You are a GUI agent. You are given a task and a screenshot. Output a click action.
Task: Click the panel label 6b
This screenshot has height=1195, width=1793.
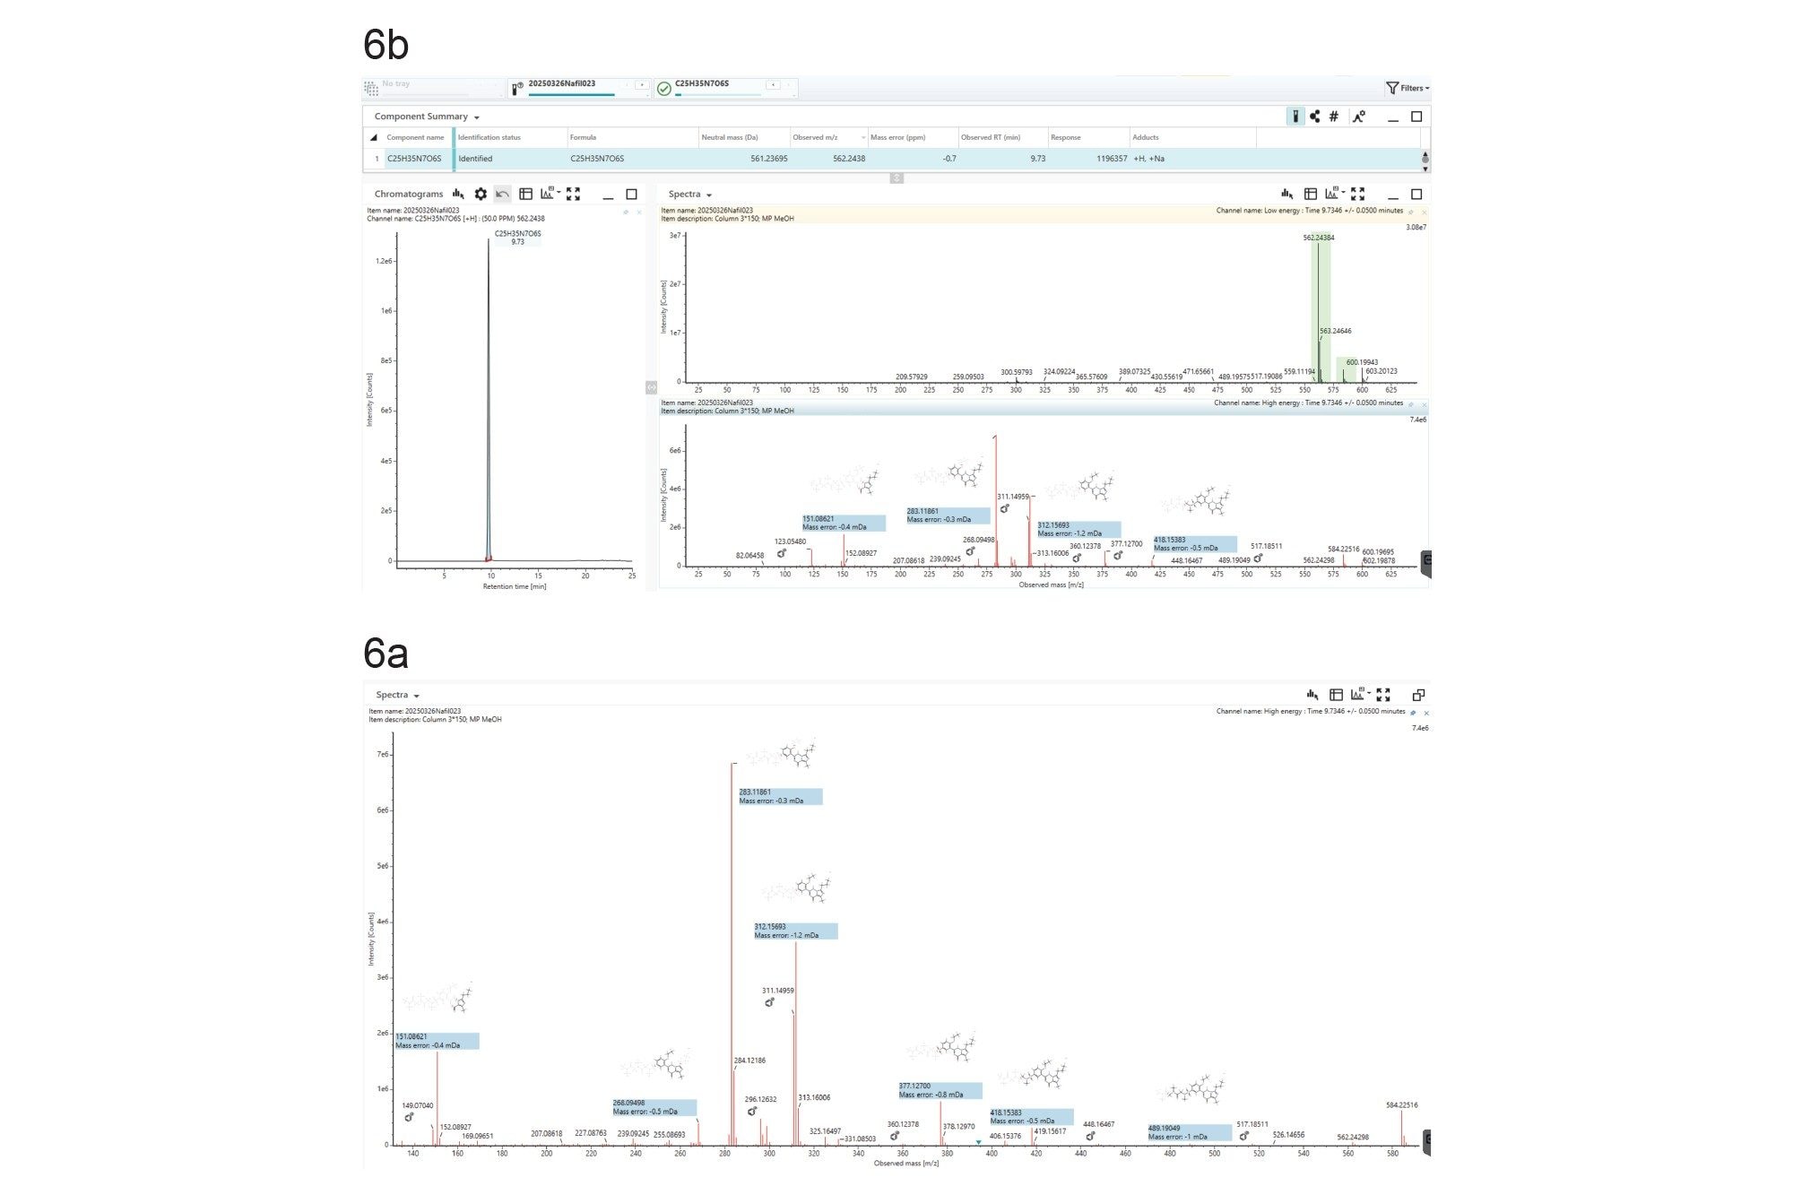coord(385,45)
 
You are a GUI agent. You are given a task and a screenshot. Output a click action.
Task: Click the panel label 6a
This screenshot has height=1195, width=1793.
coord(385,654)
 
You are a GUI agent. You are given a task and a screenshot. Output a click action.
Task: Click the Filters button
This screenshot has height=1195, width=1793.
coord(1407,88)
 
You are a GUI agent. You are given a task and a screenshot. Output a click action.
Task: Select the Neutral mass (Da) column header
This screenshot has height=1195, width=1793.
coord(730,137)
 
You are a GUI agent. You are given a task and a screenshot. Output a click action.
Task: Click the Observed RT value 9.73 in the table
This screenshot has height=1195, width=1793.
coord(1037,159)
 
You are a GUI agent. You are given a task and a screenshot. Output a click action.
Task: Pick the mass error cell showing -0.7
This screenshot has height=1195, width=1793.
coord(949,159)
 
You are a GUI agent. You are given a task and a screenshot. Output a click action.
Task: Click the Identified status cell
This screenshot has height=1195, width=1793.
coord(475,159)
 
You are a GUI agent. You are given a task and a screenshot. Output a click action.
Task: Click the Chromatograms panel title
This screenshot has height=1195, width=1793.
coord(408,194)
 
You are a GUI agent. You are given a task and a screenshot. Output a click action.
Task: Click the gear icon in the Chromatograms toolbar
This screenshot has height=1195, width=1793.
coord(481,194)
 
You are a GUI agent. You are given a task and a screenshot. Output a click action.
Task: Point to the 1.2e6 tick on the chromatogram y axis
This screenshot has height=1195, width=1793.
coord(384,261)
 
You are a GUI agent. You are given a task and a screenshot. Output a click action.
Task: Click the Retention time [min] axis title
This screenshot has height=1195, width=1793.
coord(514,586)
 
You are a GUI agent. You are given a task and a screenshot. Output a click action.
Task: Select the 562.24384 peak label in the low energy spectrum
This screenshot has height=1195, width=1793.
coord(1318,238)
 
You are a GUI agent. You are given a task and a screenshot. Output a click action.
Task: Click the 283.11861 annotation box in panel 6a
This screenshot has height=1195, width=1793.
coord(779,796)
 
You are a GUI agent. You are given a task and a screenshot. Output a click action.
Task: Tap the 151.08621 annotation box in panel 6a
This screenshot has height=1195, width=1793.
coord(437,1041)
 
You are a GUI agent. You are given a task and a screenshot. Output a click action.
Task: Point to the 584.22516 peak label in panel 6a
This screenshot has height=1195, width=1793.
coord(1401,1105)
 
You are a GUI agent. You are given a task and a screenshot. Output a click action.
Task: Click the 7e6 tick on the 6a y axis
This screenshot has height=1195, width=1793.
coord(383,755)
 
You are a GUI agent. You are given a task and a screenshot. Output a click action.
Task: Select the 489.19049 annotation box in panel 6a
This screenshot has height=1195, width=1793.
coord(1190,1132)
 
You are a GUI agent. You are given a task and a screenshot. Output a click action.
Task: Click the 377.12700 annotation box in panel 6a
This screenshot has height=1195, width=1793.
coord(940,1090)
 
